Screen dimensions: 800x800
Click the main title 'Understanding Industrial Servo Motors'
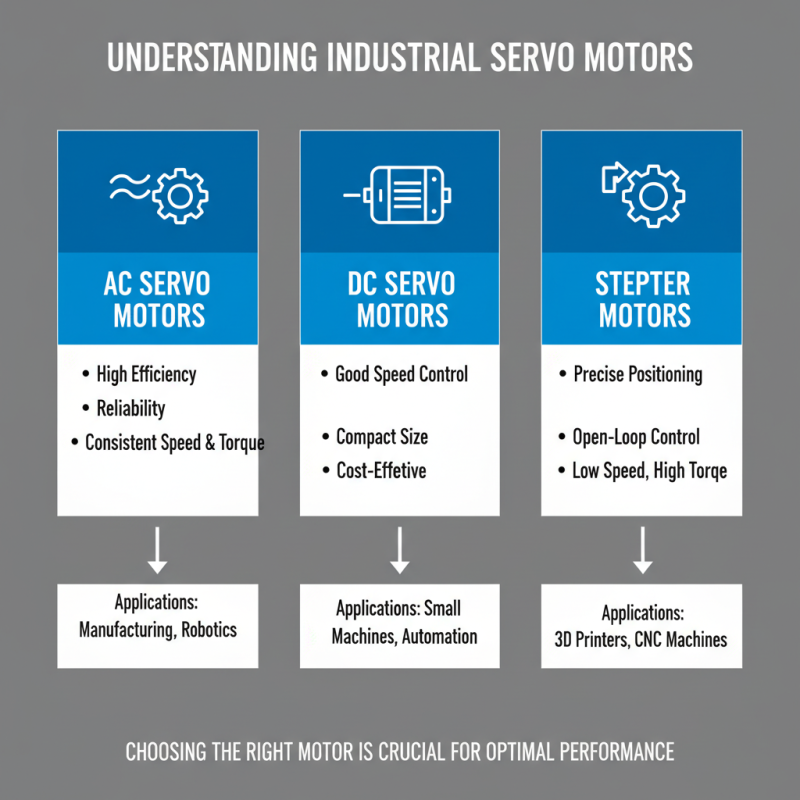[400, 57]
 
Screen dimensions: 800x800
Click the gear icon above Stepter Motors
[653, 194]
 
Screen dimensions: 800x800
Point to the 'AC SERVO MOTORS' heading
[158, 300]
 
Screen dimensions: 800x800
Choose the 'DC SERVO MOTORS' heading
[400, 300]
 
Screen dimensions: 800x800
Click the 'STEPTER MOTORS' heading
[642, 300]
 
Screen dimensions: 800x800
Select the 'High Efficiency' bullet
[146, 375]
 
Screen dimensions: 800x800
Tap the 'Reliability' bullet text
[131, 408]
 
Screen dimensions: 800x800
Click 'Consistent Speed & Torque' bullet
[174, 442]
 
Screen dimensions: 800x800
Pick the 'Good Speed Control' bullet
[401, 375]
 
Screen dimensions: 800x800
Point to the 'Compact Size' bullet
[381, 437]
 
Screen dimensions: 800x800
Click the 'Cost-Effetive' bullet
[380, 470]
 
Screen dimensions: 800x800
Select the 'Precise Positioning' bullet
[637, 375]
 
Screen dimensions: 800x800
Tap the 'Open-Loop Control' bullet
[635, 437]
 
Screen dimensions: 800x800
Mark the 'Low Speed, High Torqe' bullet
[649, 470]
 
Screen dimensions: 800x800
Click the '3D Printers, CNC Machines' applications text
[642, 639]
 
